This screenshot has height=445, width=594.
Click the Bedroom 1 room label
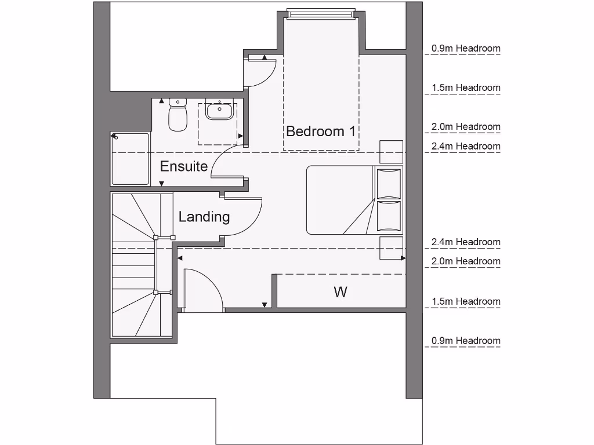tap(320, 131)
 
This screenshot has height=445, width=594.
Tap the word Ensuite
tap(183, 166)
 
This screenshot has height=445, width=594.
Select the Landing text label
tap(204, 217)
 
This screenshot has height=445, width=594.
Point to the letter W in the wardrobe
tap(341, 292)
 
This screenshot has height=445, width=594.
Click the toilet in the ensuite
tap(178, 114)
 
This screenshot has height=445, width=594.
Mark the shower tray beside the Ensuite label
tap(130, 159)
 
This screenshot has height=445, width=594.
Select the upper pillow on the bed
tap(389, 183)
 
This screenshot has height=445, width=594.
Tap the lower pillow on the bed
tap(389, 216)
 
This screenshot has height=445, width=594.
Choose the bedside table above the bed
tap(391, 152)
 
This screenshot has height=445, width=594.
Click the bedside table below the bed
tap(391, 247)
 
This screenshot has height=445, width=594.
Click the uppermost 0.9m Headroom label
tap(465, 49)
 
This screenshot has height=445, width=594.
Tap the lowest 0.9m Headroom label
tap(465, 341)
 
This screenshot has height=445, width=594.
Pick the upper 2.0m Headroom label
tap(465, 126)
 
